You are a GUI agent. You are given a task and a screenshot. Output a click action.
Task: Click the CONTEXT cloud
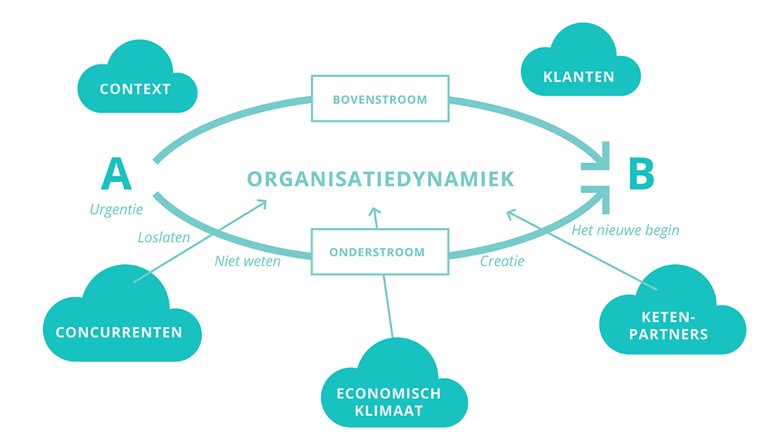click(135, 88)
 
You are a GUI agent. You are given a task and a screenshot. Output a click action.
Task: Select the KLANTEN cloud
click(578, 77)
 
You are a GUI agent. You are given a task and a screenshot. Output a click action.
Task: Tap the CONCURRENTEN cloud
click(119, 332)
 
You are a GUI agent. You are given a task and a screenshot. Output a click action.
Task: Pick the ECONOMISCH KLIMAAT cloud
click(389, 401)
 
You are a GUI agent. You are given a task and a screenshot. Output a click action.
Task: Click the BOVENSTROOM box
click(380, 99)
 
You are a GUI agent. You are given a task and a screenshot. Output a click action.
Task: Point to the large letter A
click(116, 174)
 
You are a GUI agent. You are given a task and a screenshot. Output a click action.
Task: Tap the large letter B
click(640, 174)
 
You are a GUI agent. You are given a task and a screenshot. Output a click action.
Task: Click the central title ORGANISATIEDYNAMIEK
click(381, 179)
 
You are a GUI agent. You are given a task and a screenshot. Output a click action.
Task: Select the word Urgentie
click(116, 210)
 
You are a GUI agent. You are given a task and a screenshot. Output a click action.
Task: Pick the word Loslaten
click(164, 237)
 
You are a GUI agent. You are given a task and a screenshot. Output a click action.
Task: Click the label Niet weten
click(247, 261)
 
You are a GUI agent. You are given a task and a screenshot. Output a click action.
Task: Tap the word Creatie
click(502, 261)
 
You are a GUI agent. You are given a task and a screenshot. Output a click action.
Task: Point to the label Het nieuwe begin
click(625, 230)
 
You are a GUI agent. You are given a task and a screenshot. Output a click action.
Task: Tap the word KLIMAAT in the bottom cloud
click(389, 411)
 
